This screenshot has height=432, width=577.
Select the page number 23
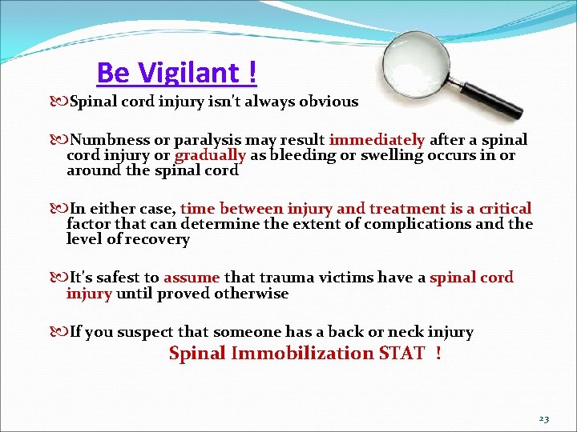pyautogui.click(x=544, y=419)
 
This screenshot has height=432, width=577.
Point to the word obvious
pyautogui.click(x=329, y=102)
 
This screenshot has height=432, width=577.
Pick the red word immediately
pyautogui.click(x=377, y=140)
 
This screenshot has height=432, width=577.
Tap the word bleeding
pyautogui.click(x=300, y=155)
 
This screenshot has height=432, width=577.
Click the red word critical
pyautogui.click(x=504, y=209)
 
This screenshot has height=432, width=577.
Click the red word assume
pyautogui.click(x=192, y=278)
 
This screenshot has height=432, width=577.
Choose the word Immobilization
pyautogui.click(x=303, y=354)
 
